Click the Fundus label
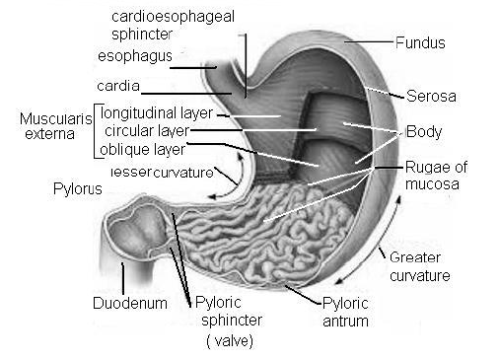[x=419, y=43]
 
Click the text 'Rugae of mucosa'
[x=431, y=176]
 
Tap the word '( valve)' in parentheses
[x=229, y=341]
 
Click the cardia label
[x=117, y=86]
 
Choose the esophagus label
[x=135, y=54]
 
